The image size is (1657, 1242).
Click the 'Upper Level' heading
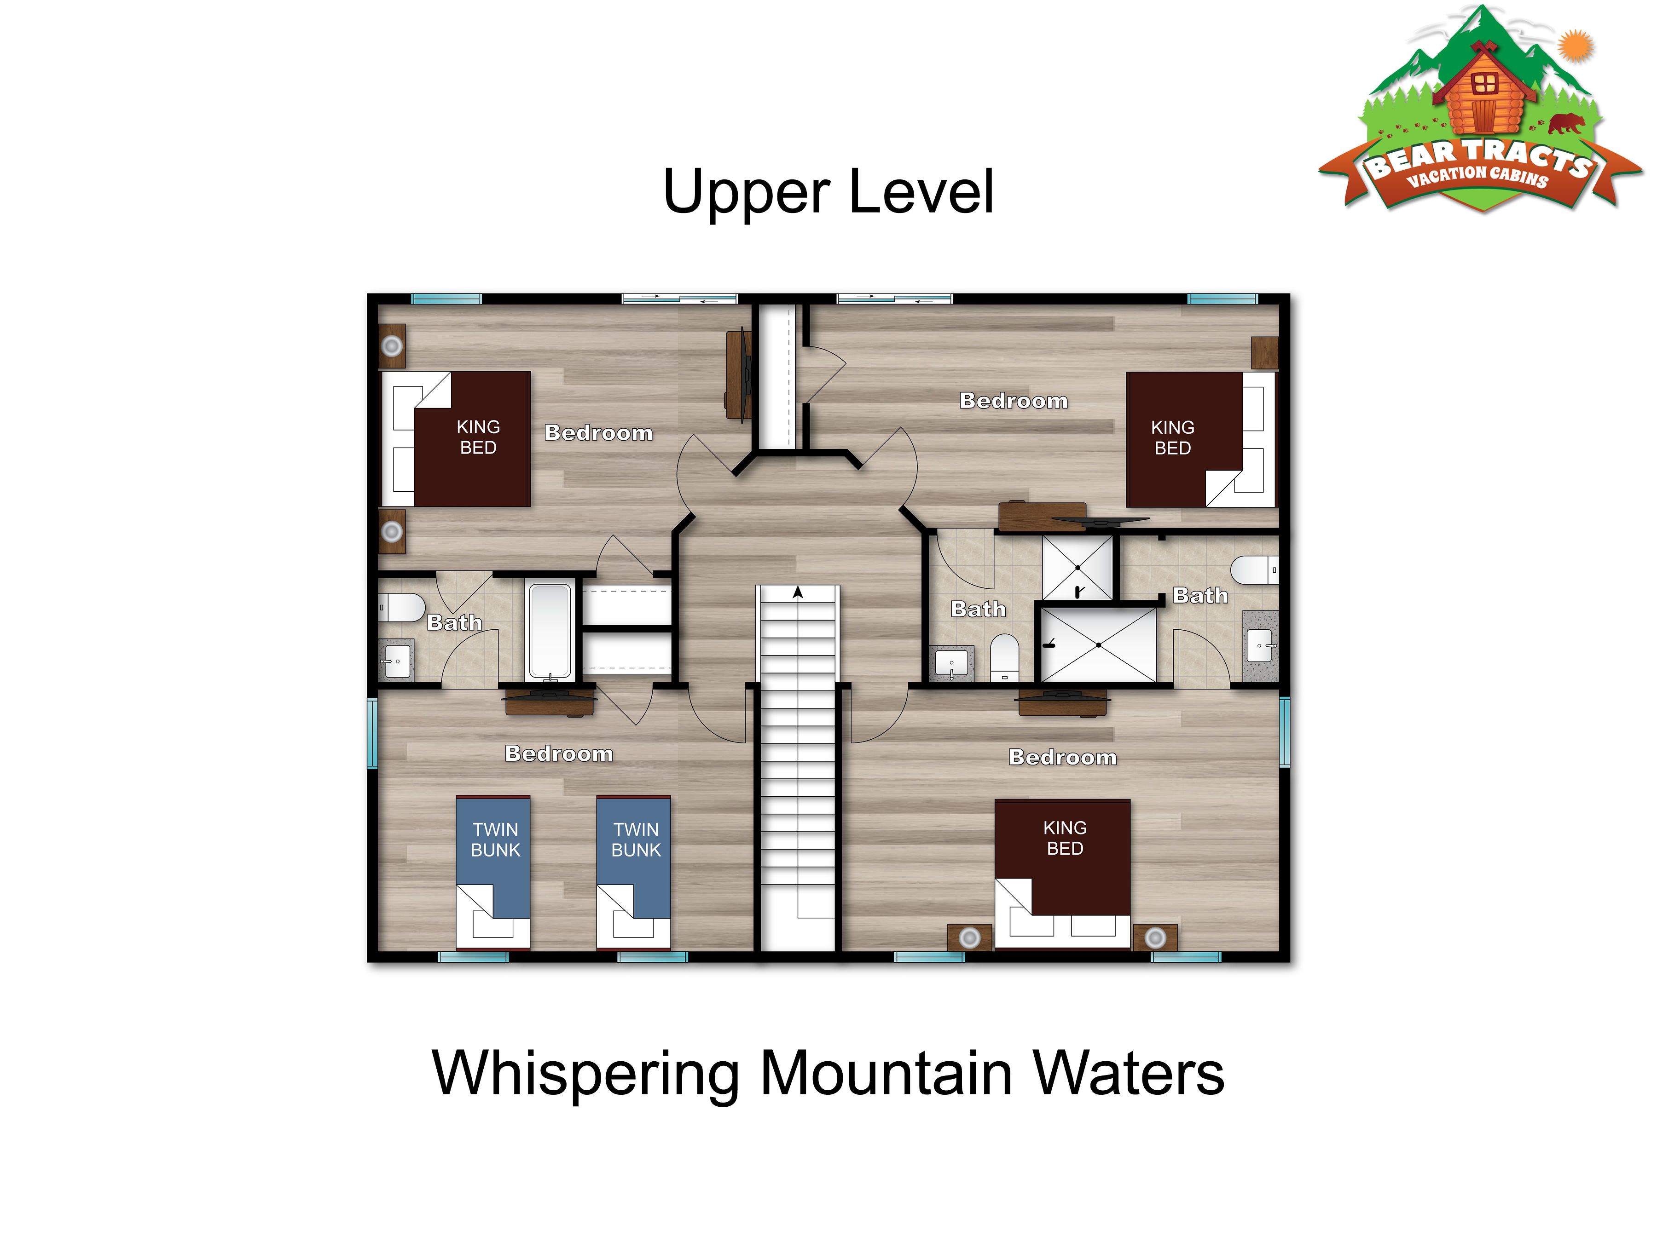tap(828, 192)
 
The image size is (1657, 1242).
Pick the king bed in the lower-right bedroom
tap(1062, 874)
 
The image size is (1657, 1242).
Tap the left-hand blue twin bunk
tap(493, 872)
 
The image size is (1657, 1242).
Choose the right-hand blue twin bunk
tap(633, 872)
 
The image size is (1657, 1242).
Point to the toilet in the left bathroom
tap(401, 607)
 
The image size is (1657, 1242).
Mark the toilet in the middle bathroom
tap(1004, 658)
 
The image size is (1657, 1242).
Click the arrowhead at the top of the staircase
tap(798, 592)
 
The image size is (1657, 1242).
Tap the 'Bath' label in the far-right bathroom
tap(1201, 596)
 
